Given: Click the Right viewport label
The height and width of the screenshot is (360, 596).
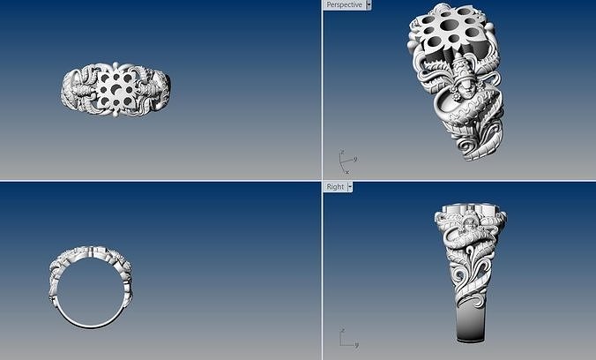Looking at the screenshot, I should click(335, 187).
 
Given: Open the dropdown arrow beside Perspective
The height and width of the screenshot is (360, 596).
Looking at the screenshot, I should click(369, 5).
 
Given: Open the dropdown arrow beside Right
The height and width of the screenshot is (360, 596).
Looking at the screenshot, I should click(350, 187).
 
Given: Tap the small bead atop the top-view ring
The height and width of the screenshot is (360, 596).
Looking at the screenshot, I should click(116, 64).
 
